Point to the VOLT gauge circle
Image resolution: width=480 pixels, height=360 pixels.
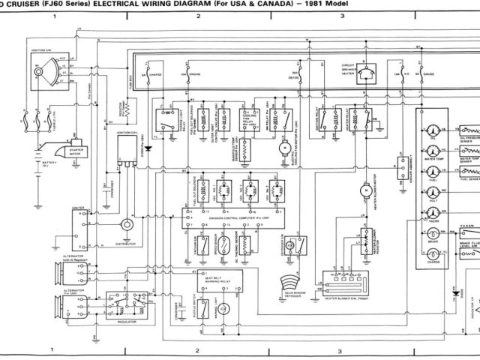(x=432, y=190)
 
